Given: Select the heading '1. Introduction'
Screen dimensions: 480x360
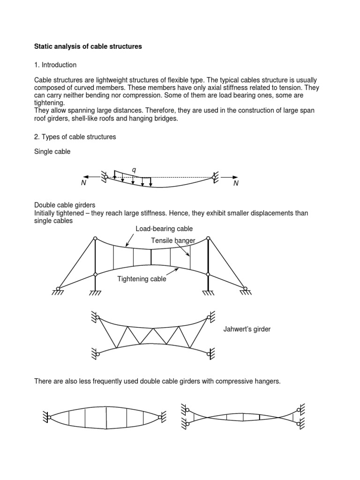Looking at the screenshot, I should (55, 65).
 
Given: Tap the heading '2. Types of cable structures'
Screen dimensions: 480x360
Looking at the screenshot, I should (75, 137).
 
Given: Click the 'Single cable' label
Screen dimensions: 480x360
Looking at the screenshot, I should (52, 151).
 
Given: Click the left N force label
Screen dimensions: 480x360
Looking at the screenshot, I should (83, 183).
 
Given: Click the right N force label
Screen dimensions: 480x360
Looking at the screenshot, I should (236, 183).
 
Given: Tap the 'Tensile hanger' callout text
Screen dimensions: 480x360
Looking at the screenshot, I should (173, 240).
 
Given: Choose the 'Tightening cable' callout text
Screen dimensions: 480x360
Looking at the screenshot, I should (142, 279).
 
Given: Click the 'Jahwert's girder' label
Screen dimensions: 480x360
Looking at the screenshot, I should (247, 330).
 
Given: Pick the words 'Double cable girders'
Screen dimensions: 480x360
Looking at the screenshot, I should (65, 205).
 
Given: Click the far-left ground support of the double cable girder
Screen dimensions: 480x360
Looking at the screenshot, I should (58, 290).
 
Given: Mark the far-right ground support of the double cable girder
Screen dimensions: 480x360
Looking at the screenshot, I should (245, 290).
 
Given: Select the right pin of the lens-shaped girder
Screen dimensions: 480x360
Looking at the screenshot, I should (161, 416).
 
